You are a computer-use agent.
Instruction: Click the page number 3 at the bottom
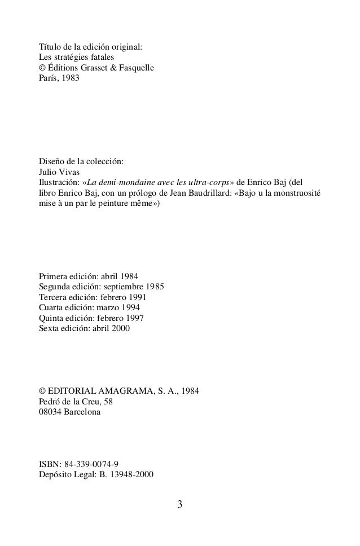(x=179, y=504)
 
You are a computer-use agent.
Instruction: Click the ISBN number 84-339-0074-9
(x=91, y=464)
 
